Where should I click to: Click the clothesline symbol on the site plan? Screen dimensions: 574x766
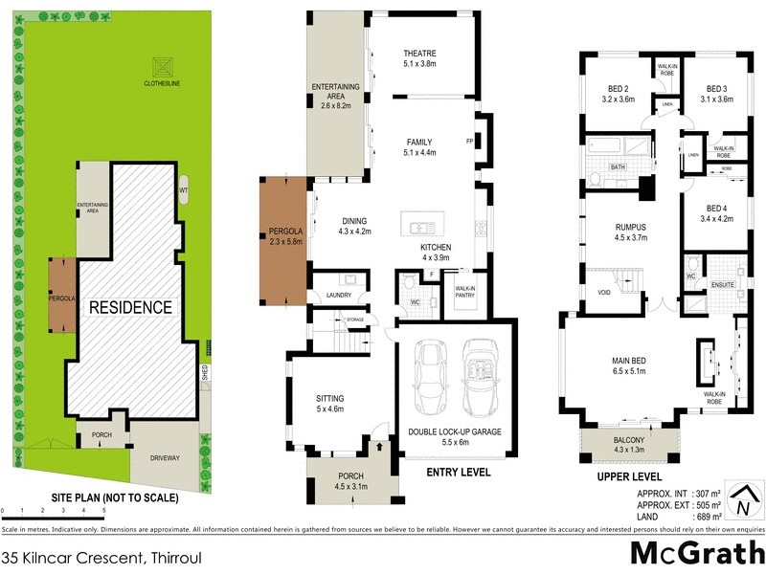162,66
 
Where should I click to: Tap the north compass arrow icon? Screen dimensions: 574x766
742,501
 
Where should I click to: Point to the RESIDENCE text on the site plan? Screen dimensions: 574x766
131,307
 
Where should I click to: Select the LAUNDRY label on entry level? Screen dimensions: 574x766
340,295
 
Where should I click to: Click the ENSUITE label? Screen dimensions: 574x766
723,284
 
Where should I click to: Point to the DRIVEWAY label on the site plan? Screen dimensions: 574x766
164,458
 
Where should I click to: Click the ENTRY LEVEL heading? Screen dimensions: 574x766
459,472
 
